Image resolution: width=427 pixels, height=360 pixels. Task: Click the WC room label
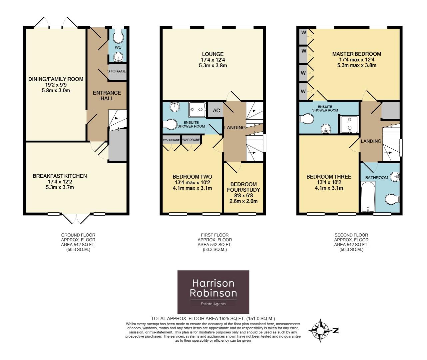click(118, 47)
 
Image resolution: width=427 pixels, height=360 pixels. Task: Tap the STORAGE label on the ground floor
click(117, 71)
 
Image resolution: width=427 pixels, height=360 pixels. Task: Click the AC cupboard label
click(216, 111)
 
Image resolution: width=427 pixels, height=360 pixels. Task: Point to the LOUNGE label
click(213, 54)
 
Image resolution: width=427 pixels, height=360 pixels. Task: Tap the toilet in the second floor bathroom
click(392, 199)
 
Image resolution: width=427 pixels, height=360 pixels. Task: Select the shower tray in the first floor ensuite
click(197, 110)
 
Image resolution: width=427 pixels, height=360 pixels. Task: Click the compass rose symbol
click(320, 331)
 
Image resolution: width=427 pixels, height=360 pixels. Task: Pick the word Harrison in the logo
click(213, 283)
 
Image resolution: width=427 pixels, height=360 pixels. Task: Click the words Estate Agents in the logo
click(213, 304)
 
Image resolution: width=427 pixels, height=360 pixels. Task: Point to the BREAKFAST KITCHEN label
click(60, 176)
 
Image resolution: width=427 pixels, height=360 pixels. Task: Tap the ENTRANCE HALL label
click(107, 96)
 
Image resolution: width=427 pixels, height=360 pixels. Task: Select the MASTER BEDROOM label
click(357, 54)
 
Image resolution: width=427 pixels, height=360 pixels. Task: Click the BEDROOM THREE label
click(329, 177)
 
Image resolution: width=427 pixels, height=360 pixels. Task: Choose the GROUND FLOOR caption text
click(78, 235)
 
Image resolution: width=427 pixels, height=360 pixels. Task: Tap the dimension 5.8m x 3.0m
click(56, 90)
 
